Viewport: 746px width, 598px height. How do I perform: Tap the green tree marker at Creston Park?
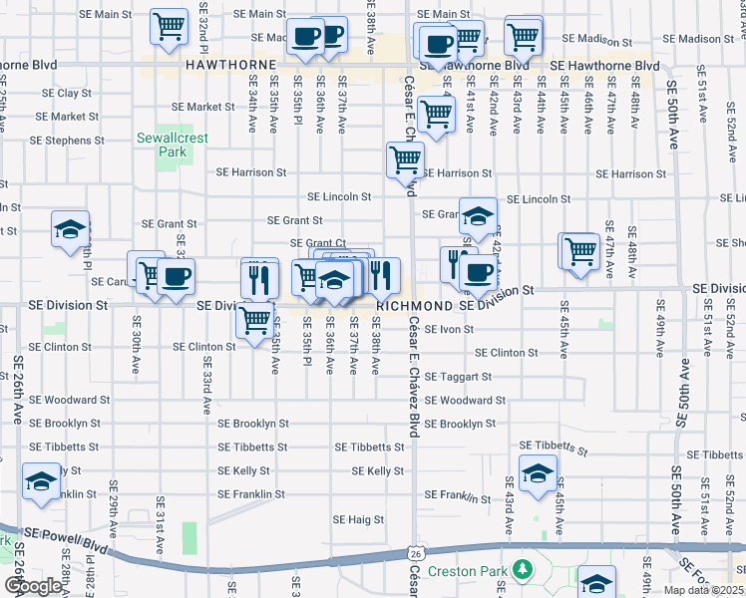click(522, 570)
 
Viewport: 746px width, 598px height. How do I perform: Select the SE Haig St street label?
click(359, 519)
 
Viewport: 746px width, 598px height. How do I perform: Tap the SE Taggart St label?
click(458, 377)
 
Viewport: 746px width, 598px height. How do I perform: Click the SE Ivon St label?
click(448, 328)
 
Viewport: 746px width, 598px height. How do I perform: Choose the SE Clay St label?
click(67, 93)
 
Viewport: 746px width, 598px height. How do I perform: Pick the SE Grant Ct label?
click(318, 243)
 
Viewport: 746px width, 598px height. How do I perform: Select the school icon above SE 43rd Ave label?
click(538, 472)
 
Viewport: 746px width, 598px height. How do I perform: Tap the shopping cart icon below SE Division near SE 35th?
click(255, 320)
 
